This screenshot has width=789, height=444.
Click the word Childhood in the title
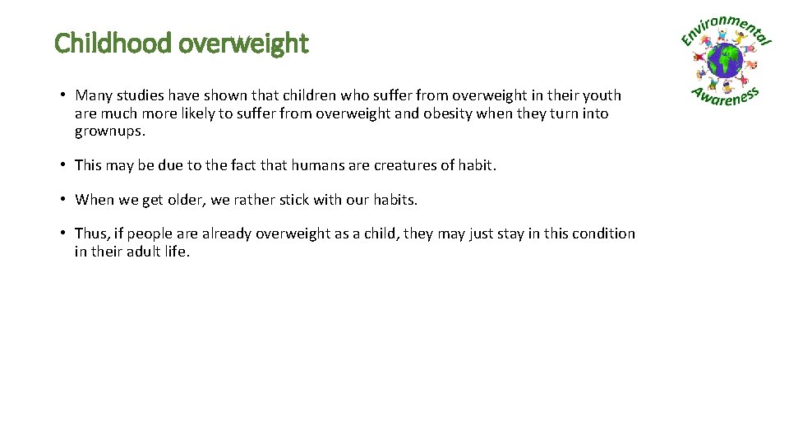click(113, 43)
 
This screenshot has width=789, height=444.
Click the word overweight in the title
click(243, 43)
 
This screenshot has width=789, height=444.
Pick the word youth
click(602, 95)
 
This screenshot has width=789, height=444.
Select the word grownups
click(109, 132)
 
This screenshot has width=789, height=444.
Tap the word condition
click(602, 234)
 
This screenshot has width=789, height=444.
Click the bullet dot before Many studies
click(63, 96)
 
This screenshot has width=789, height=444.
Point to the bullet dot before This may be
click(63, 165)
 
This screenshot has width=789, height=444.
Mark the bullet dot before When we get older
click(63, 200)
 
